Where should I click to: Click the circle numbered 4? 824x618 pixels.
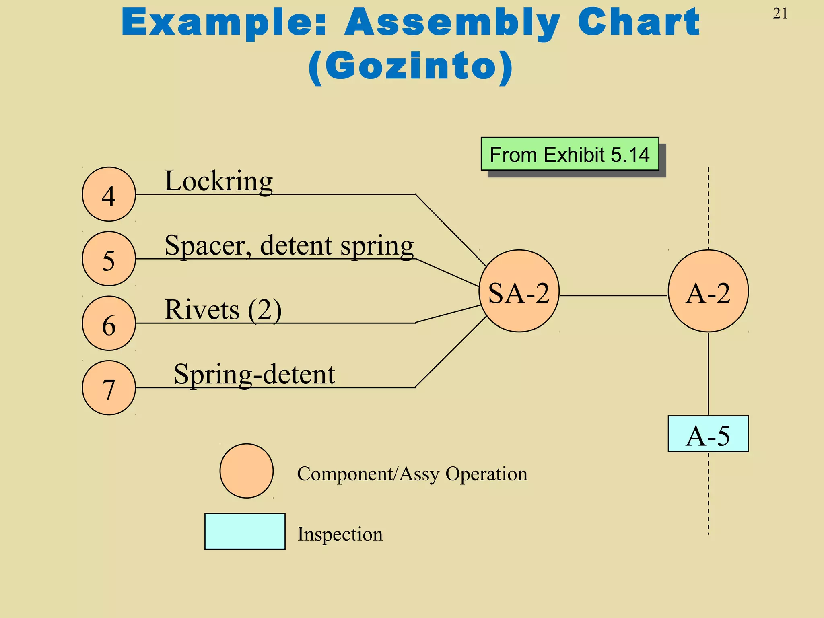[x=109, y=194]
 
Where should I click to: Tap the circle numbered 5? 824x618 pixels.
[x=109, y=259]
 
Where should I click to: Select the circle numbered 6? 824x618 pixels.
[x=109, y=323]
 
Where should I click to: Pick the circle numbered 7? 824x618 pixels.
[x=109, y=387]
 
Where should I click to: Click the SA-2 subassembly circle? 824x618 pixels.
[x=519, y=291]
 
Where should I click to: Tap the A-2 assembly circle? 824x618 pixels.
[x=708, y=291]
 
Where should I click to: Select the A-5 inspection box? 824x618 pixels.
[x=708, y=434]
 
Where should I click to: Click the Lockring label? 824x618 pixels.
[x=218, y=181]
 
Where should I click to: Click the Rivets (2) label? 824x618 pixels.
[x=223, y=310]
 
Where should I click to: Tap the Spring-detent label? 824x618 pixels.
[x=254, y=374]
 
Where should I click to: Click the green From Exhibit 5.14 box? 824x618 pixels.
[x=570, y=154]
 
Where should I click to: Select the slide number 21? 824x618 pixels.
[x=780, y=14]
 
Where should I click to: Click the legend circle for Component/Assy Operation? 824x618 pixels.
[x=247, y=471]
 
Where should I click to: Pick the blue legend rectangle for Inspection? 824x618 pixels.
[x=245, y=531]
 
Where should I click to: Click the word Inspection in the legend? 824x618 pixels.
[x=340, y=534]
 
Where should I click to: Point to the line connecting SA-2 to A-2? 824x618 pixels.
[x=614, y=296]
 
